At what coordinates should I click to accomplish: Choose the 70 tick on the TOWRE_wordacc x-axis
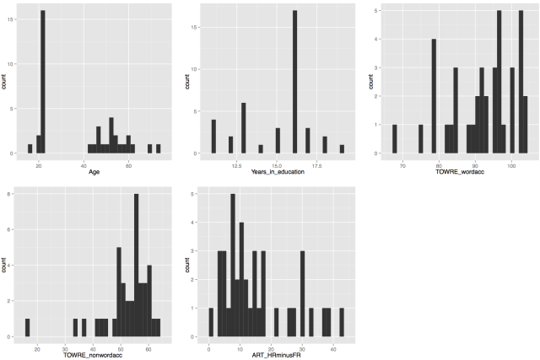402,164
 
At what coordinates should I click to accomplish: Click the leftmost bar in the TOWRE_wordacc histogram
394,139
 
